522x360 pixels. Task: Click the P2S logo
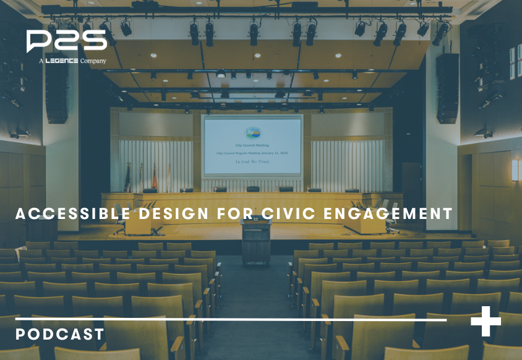[66, 41]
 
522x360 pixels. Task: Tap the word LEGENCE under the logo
[61, 61]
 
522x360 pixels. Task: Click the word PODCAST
[59, 335]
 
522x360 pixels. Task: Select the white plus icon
[486, 321]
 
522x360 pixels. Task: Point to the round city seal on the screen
[252, 134]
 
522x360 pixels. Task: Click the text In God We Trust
[252, 161]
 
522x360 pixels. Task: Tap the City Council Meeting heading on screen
[252, 122]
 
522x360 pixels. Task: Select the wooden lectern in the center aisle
[256, 241]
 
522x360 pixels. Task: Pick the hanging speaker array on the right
[447, 87]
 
